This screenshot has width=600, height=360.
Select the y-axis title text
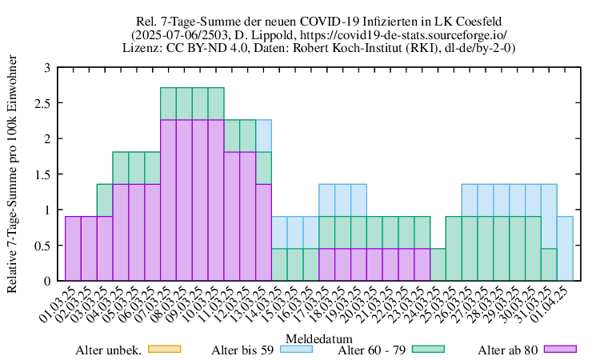coord(12,174)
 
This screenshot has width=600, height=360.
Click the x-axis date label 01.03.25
coord(62,302)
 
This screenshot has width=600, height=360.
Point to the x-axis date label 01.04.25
coord(554,302)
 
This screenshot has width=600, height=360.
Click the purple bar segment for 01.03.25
coord(73,248)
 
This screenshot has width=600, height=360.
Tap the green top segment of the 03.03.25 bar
coord(105,200)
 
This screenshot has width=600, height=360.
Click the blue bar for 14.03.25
coord(279,232)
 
